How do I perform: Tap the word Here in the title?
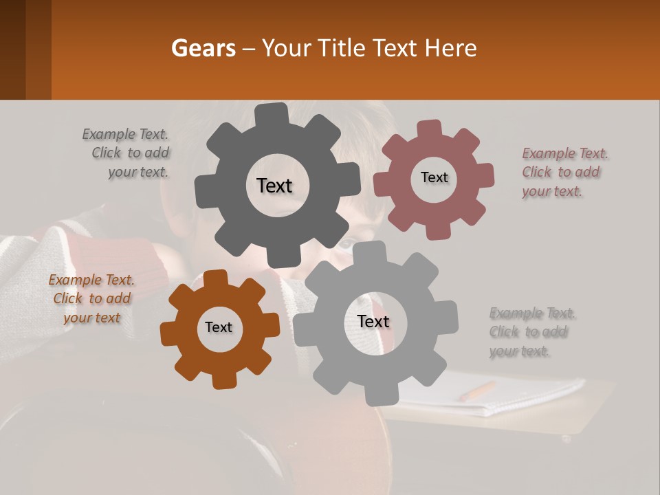pos(451,49)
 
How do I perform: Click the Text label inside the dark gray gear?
pos(274,186)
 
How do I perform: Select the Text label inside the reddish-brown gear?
pos(434,177)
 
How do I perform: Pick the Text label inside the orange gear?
pos(219,327)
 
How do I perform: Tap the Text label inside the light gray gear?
pos(373,321)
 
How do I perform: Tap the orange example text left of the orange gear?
pos(91,299)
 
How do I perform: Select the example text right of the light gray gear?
pos(531,332)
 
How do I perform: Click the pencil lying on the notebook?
pos(476,391)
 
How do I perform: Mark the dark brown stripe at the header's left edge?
pos(12,49)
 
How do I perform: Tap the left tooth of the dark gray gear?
pos(204,188)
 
